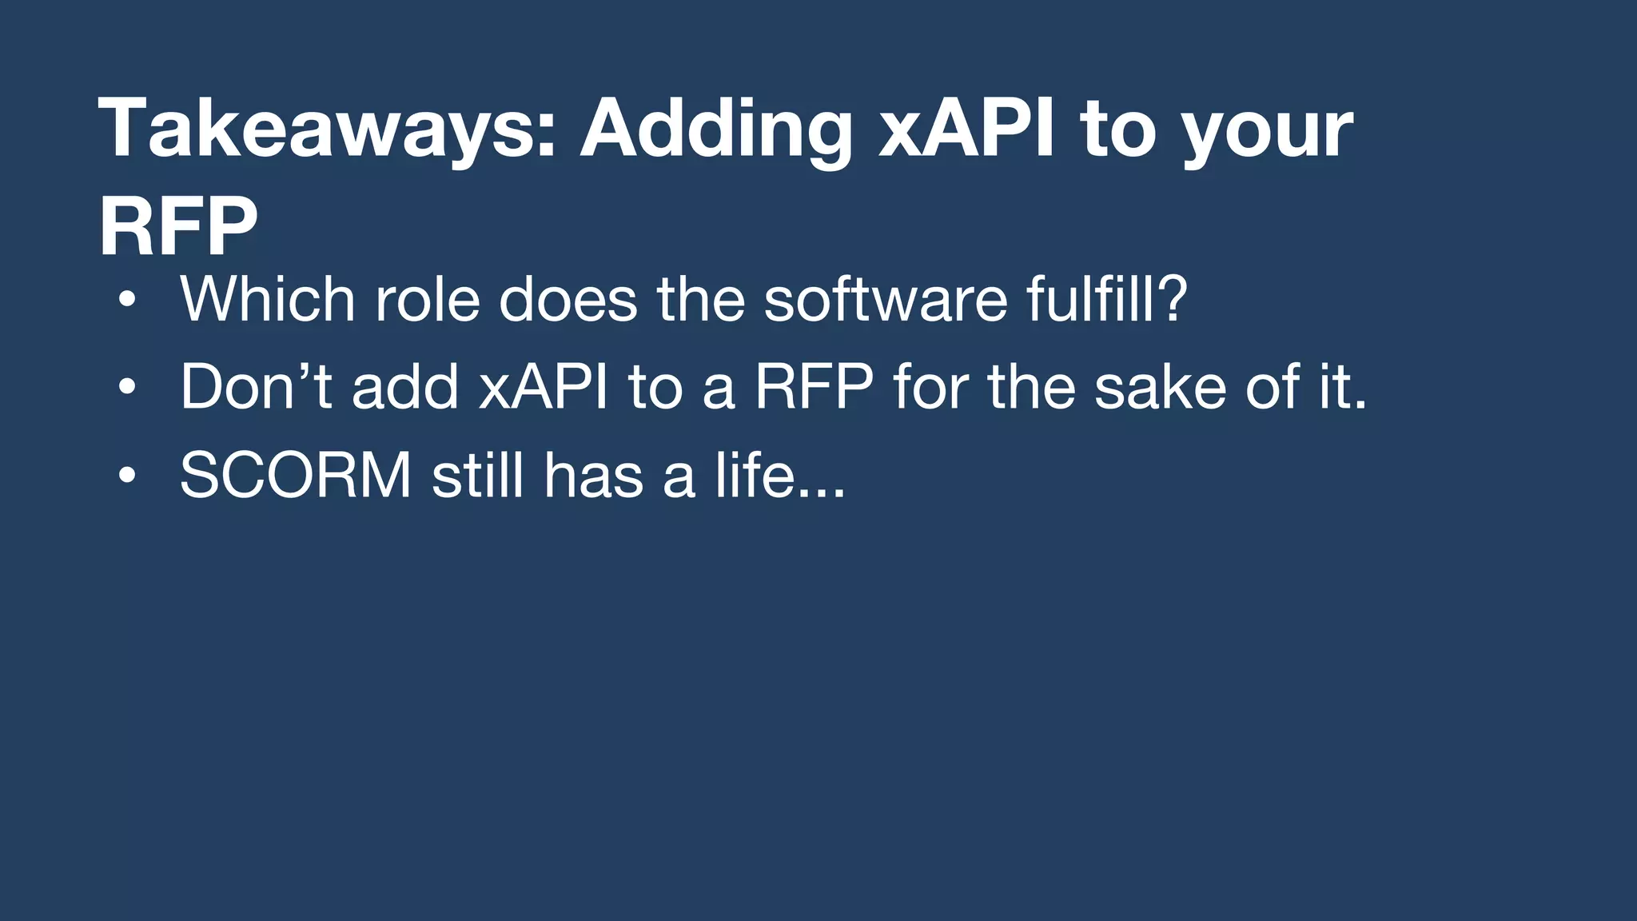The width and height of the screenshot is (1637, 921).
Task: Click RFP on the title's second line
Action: [177, 227]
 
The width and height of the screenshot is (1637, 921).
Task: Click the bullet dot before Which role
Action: [126, 301]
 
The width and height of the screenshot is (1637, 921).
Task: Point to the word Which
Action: [267, 299]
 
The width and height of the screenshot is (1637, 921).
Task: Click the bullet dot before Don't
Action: [126, 389]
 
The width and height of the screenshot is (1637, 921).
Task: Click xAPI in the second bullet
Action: [543, 387]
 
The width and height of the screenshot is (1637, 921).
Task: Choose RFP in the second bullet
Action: [814, 387]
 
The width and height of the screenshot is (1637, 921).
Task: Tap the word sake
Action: [1160, 389]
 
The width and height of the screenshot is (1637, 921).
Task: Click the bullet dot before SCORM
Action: [126, 476]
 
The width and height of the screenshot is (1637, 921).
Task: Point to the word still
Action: [477, 476]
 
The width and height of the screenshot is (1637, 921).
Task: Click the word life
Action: [755, 476]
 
